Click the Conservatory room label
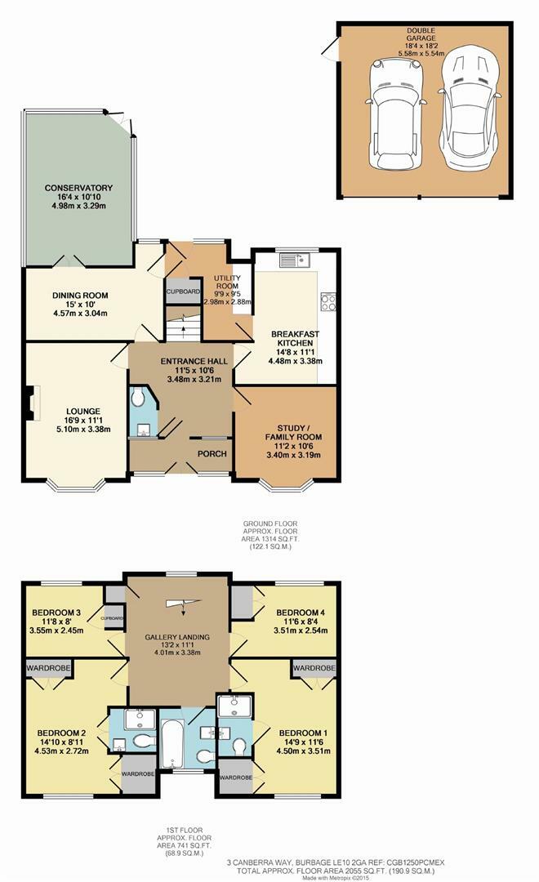[x=78, y=188]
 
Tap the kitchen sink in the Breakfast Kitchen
[x=295, y=261]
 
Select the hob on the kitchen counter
[x=328, y=302]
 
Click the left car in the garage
[x=394, y=115]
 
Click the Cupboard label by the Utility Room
[x=183, y=292]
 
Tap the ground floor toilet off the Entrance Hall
[x=138, y=399]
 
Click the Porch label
[x=212, y=454]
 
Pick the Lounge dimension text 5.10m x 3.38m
[x=83, y=430]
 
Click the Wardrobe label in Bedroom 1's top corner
[x=314, y=668]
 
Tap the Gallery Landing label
[x=177, y=637]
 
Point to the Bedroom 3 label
[x=56, y=612]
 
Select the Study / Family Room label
[x=293, y=433]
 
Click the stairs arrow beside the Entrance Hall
[x=183, y=331]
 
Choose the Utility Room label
[x=227, y=282]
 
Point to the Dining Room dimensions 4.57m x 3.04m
[x=80, y=314]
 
